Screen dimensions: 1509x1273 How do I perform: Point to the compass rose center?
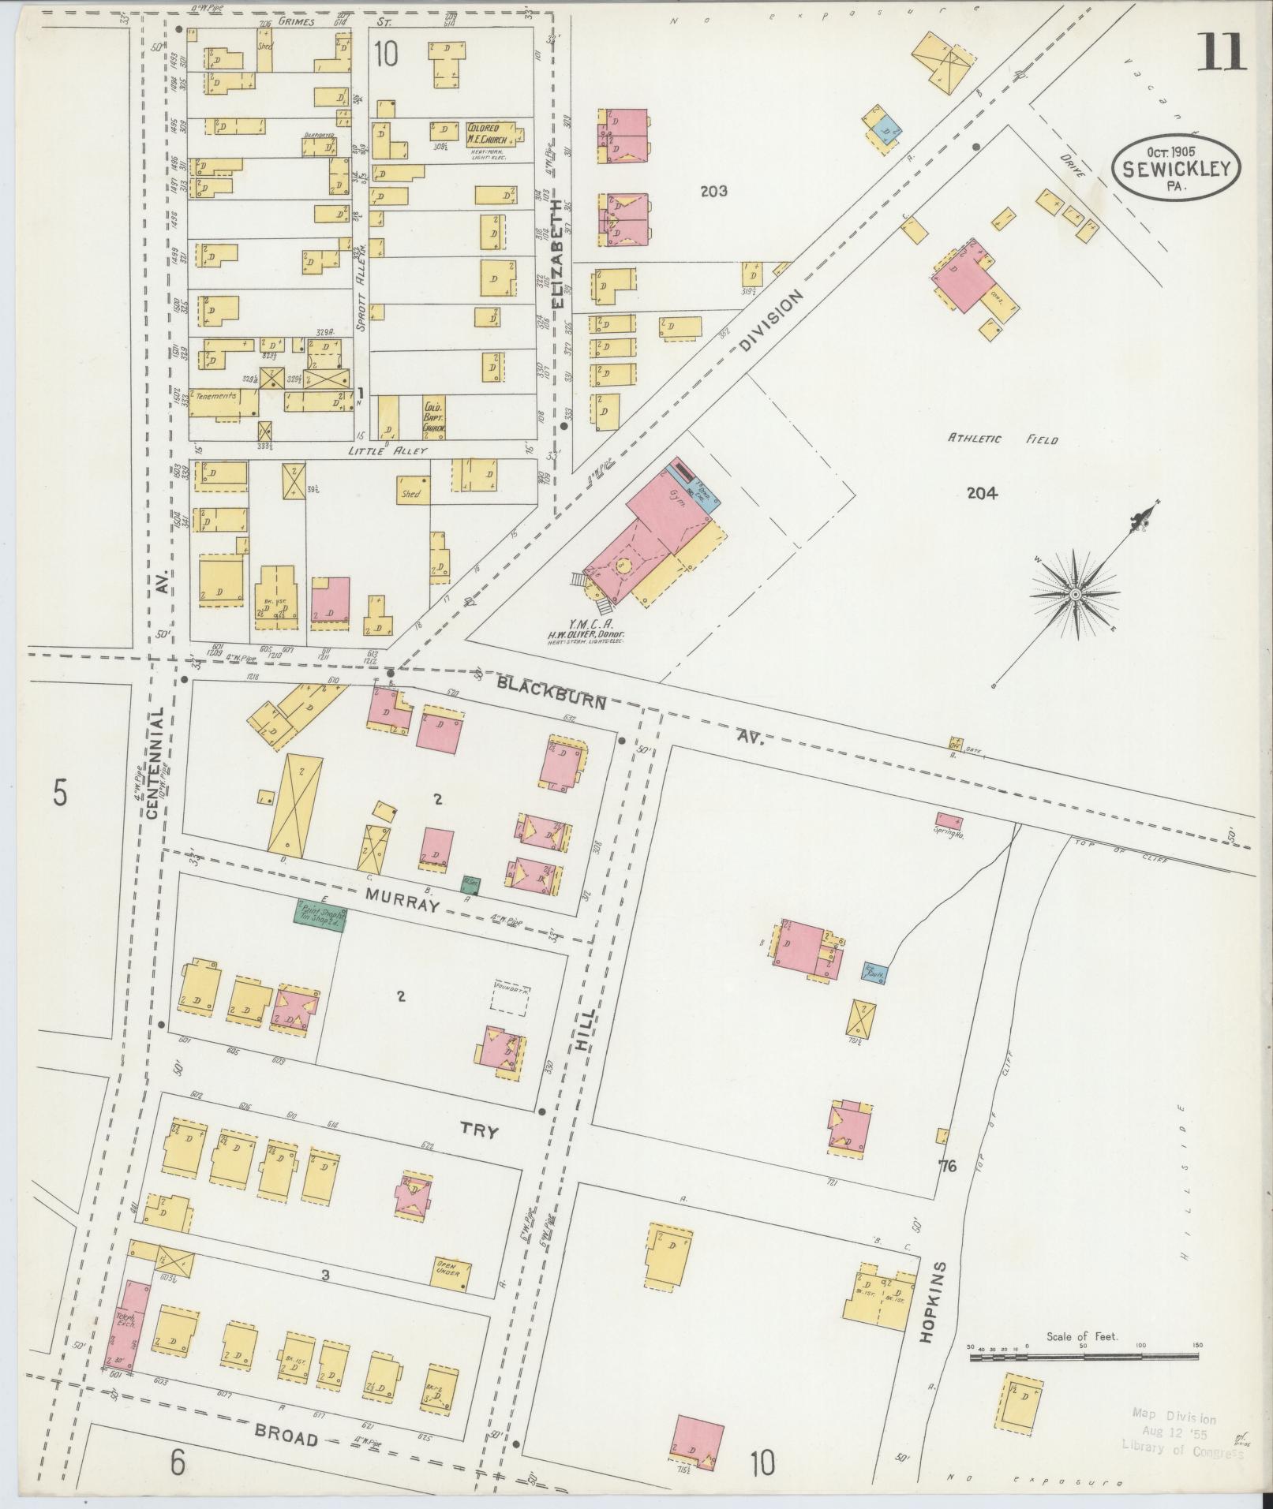click(x=1075, y=593)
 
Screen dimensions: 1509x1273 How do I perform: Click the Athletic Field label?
click(x=1002, y=440)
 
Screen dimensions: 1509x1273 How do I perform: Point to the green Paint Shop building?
click(x=320, y=915)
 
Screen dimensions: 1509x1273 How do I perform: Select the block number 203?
click(x=713, y=191)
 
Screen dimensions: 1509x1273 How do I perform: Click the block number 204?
click(x=982, y=494)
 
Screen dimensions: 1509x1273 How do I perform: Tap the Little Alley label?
click(x=388, y=450)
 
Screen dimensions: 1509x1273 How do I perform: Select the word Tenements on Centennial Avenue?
click(x=216, y=396)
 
